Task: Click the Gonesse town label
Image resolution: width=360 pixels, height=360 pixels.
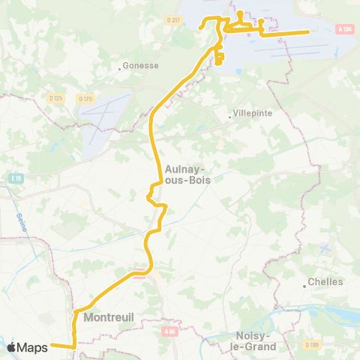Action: coord(141,65)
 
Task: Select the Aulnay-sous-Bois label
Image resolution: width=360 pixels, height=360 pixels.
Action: coord(187,175)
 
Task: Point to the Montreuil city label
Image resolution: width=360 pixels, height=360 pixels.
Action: coord(109,317)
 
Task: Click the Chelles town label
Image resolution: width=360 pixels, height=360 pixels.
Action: coord(325,282)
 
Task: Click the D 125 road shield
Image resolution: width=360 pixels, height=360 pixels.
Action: coord(55,97)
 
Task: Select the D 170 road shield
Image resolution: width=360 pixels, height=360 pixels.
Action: coord(84,97)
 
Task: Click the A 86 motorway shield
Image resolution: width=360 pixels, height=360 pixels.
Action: coord(169,328)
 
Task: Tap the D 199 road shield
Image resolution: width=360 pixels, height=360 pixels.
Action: coord(312,344)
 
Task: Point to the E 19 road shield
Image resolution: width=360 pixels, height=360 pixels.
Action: coord(16,178)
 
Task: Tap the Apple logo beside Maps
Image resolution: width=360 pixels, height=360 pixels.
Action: coord(11,347)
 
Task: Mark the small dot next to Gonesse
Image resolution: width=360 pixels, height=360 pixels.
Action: coord(120,68)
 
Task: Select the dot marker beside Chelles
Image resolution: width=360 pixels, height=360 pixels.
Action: coord(304,285)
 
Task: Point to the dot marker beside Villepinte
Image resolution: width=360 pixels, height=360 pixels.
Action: coord(230,116)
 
